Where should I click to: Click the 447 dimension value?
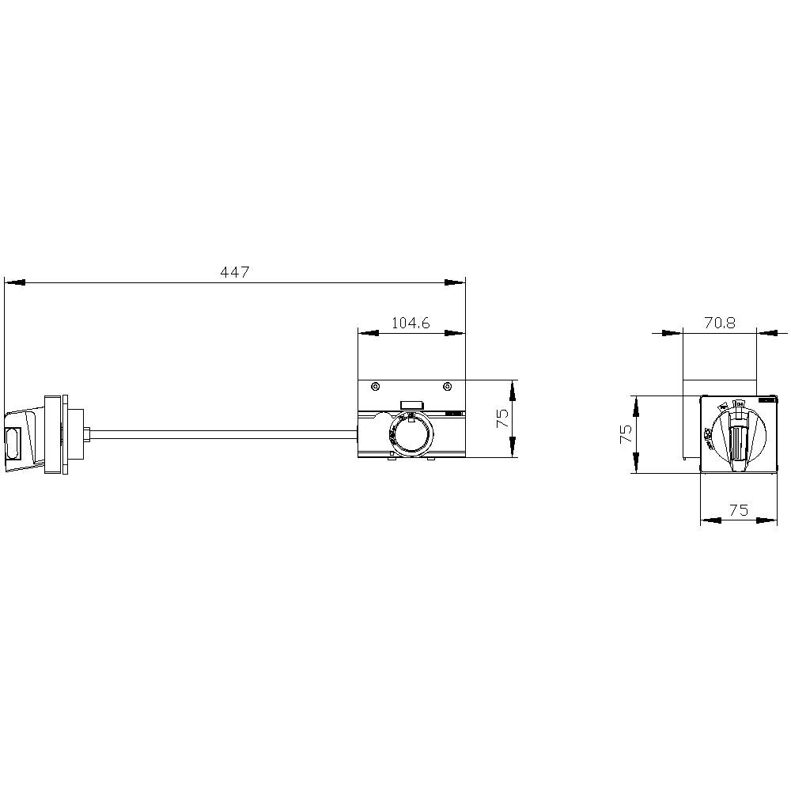(235, 272)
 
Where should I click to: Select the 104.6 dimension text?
(410, 323)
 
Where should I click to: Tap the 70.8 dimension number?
(719, 323)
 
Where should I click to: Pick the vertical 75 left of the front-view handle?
(625, 433)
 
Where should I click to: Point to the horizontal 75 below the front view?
(738, 510)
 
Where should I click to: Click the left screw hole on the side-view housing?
(375, 387)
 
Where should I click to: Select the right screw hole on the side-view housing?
(448, 387)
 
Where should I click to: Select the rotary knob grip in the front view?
(737, 445)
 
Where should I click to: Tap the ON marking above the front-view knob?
(738, 404)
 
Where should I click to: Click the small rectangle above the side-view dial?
(411, 405)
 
